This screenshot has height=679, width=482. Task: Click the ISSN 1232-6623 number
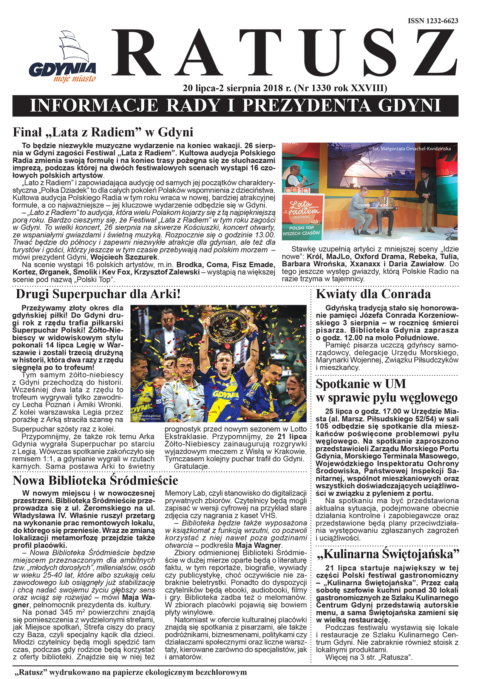(433, 21)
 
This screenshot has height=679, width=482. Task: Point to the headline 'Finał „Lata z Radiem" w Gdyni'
(103, 132)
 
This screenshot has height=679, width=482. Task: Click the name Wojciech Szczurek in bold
(124, 257)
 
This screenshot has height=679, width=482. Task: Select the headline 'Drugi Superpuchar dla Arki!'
(98, 294)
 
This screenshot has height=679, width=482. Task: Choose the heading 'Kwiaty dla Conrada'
(373, 294)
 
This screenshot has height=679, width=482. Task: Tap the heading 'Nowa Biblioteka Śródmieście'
(95, 481)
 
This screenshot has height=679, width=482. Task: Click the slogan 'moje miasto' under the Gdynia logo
(74, 79)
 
